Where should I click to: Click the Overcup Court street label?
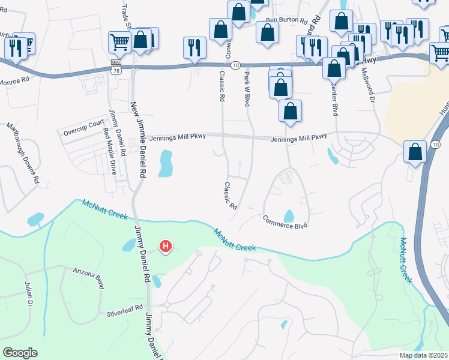click(x=84, y=125)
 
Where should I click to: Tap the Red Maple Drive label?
click(x=110, y=151)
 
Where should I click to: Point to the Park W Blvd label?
click(x=247, y=89)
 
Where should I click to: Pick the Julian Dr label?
click(x=29, y=295)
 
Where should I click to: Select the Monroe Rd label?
click(x=14, y=80)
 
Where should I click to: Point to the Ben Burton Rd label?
click(x=286, y=20)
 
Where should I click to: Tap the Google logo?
click(x=20, y=352)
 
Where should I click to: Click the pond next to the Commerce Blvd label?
click(x=289, y=215)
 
